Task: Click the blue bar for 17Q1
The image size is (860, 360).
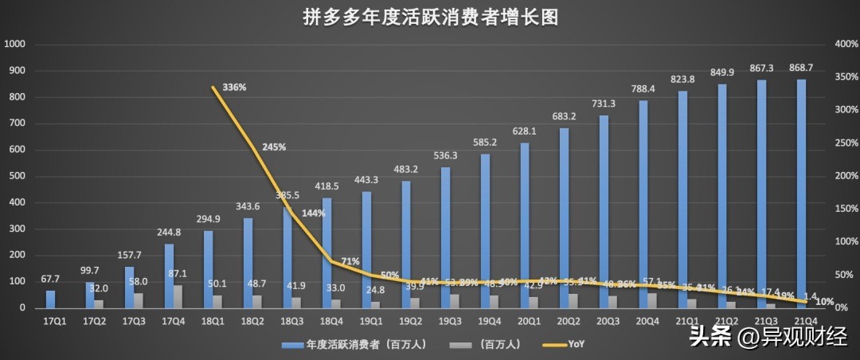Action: (x=50, y=299)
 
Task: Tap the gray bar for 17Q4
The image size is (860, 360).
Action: (x=178, y=296)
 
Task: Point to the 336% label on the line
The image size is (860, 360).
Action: (x=234, y=87)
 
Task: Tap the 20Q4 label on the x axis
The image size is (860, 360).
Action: (x=647, y=322)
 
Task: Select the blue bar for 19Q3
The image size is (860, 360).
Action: (x=446, y=237)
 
